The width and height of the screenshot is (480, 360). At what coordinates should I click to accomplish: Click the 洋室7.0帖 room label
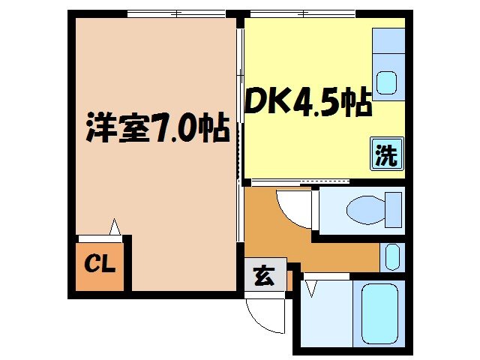(157, 128)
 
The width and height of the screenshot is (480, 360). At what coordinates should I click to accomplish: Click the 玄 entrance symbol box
(264, 276)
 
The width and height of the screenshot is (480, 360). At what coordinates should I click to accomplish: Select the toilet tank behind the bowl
(393, 208)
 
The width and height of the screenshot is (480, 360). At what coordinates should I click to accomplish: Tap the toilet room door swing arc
(292, 208)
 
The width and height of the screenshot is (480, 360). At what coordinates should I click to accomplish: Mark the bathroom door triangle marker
(310, 286)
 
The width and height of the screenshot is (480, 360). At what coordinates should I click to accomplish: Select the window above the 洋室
(176, 13)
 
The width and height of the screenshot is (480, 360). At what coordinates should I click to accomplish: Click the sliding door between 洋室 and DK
(240, 105)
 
